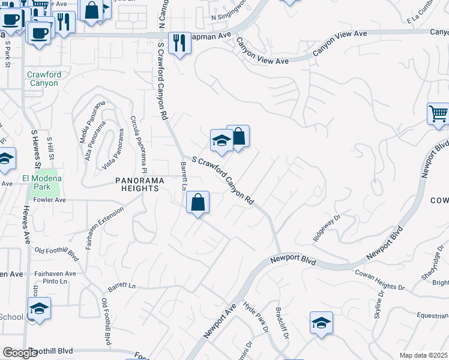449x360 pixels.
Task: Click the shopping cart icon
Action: [438, 113]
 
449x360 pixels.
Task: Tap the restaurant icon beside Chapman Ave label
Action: [179, 43]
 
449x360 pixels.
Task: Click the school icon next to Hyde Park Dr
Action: [321, 323]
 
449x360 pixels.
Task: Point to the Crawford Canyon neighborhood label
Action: [43, 79]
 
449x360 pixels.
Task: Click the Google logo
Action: [20, 353]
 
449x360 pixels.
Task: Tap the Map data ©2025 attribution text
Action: [423, 355]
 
